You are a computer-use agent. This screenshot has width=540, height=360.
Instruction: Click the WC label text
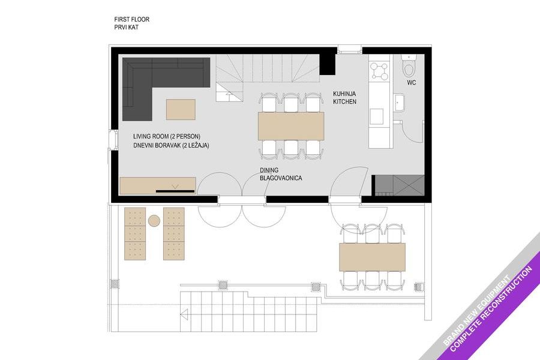pyautogui.click(x=411, y=83)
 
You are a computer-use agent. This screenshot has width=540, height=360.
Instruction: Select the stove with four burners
pyautogui.click(x=379, y=71)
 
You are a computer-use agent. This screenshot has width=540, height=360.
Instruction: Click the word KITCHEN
pyautogui.click(x=345, y=101)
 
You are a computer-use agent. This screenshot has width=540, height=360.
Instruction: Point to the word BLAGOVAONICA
pyautogui.click(x=281, y=178)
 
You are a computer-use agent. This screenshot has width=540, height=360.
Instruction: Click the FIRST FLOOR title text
pyautogui.click(x=132, y=19)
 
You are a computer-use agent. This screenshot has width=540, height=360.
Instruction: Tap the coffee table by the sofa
pyautogui.click(x=181, y=110)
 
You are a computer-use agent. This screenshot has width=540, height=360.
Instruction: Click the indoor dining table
pyautogui.click(x=291, y=126)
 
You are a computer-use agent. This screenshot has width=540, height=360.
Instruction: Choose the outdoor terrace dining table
pyautogui.click(x=372, y=257)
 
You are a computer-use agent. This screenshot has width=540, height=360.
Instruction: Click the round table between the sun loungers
pyautogui.click(x=154, y=220)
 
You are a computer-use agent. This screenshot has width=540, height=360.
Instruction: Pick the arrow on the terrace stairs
pyautogui.click(x=184, y=314)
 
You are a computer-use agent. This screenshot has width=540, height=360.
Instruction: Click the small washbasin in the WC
pyautogui.click(x=399, y=103)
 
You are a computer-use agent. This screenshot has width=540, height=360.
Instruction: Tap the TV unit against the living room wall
pyautogui.click(x=158, y=185)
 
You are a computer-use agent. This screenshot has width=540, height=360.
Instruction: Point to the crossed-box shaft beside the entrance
pyautogui.click(x=409, y=185)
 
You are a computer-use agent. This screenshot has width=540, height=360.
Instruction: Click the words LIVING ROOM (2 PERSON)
pyautogui.click(x=167, y=136)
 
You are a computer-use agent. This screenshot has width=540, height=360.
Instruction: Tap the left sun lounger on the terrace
pyautogui.click(x=134, y=233)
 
